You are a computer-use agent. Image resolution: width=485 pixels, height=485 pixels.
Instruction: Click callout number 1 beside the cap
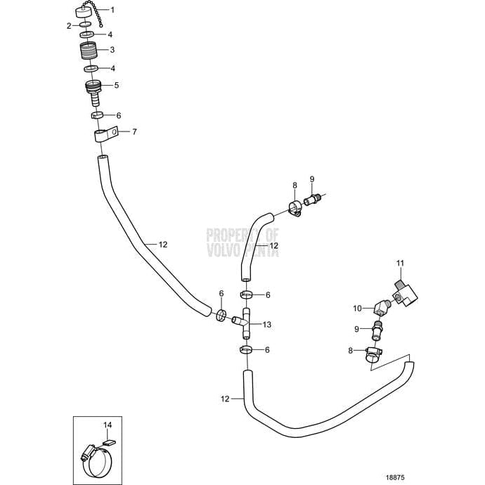(113, 11)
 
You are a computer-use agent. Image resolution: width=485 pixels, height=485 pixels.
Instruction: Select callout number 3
(112, 50)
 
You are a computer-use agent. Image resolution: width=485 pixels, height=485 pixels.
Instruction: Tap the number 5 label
(117, 84)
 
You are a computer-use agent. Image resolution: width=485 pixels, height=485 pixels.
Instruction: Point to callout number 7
(134, 131)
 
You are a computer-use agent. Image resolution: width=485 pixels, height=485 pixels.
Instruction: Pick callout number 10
(358, 308)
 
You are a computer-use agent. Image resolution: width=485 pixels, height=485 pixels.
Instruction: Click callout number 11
(401, 264)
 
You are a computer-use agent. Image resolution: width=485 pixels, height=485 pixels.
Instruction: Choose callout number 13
(266, 325)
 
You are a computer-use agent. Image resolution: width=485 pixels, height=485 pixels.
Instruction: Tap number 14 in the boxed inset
(108, 425)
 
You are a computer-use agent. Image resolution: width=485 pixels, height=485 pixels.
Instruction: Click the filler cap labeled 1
(89, 12)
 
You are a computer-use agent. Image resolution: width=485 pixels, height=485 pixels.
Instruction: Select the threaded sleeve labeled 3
(89, 53)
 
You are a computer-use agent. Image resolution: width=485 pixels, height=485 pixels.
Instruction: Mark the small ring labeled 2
(84, 25)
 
